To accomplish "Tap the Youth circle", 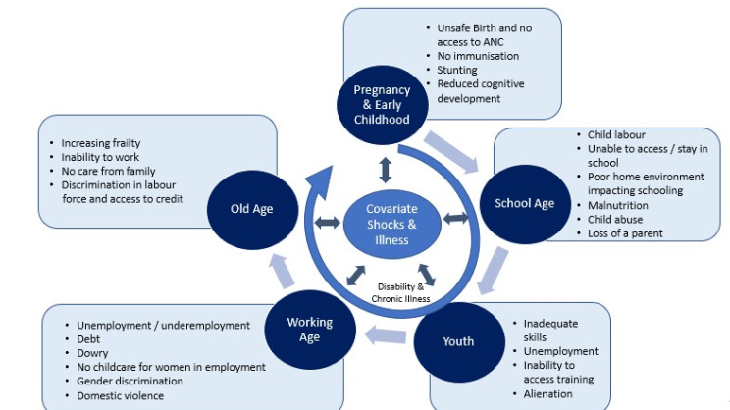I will click(x=458, y=341).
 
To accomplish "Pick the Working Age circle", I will click(x=309, y=330).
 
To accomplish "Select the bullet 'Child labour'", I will click(x=617, y=134).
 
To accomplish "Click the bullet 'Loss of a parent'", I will click(x=625, y=233).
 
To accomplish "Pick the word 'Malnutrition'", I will click(x=619, y=205).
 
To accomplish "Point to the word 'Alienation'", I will click(x=549, y=393).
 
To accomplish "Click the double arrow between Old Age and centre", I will click(x=327, y=224).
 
